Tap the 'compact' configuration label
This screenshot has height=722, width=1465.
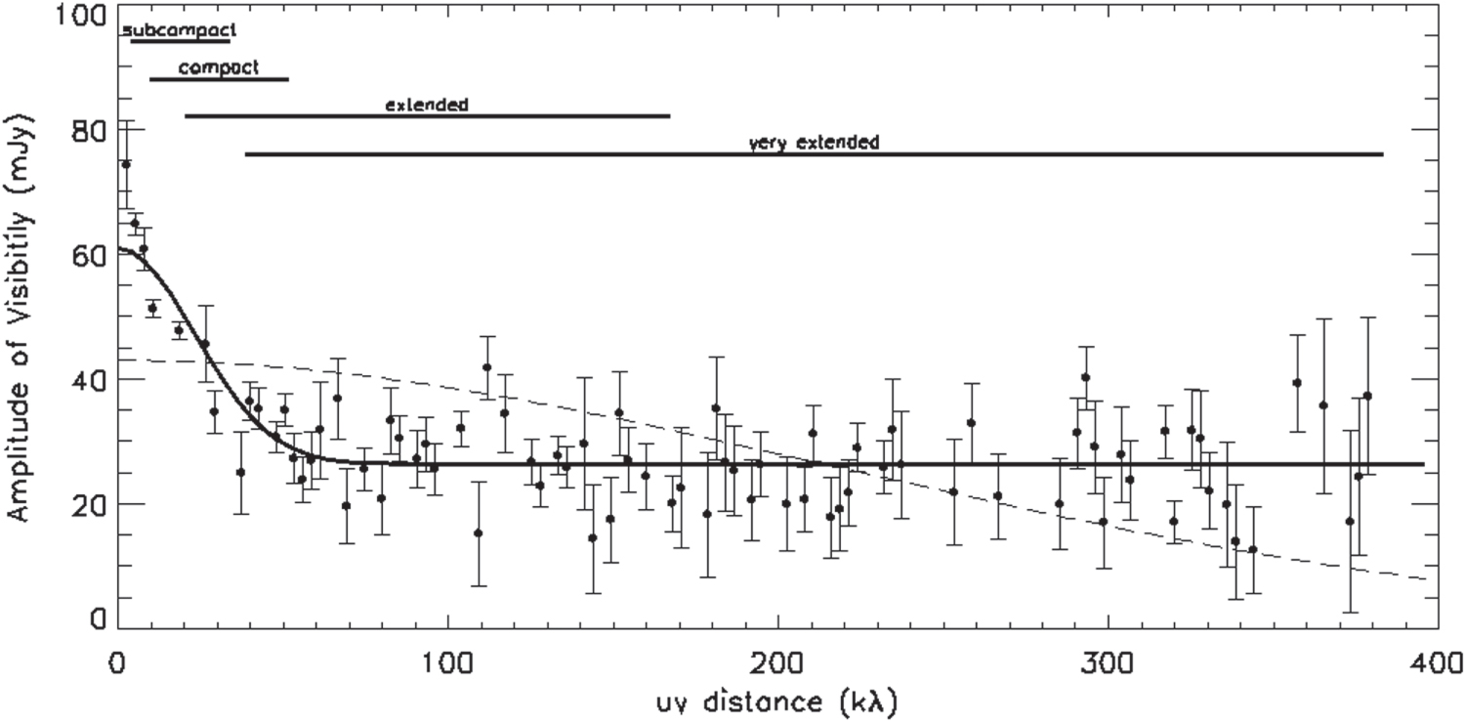coord(219,68)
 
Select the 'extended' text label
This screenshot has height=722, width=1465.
coord(427,105)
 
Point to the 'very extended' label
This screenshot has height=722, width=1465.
coord(814,143)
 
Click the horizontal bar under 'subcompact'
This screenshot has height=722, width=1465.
coord(181,41)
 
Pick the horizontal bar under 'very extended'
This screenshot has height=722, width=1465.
coord(815,154)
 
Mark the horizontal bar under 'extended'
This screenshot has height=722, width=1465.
coord(428,116)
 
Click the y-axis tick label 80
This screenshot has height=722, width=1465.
coord(88,131)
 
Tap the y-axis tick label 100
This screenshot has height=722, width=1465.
coord(80,16)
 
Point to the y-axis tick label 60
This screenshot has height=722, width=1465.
coord(88,255)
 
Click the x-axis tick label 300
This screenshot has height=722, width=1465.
coord(1108,663)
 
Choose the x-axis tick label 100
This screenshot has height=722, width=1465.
coord(447,663)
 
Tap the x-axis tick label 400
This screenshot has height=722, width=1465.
coord(1437,663)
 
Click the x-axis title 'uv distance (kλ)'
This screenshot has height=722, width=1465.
coord(777,702)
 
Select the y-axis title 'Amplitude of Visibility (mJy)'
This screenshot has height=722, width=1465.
coord(20,319)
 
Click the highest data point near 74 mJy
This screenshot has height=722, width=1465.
coord(126,164)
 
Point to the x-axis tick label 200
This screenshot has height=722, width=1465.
coord(778,663)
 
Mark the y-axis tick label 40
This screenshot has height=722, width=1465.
coord(88,380)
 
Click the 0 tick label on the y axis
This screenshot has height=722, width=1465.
coord(98,618)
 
